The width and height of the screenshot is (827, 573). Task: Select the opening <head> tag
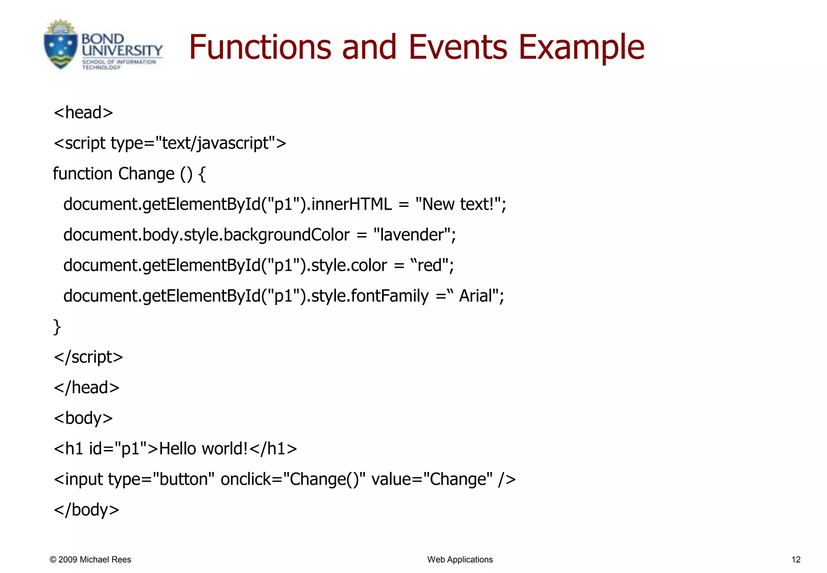tap(83, 112)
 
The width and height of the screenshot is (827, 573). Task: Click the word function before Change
tap(82, 174)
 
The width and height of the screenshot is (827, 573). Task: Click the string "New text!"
tap(458, 204)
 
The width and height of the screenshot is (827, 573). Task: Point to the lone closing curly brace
tap(57, 327)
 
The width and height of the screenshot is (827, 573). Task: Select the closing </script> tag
tap(88, 357)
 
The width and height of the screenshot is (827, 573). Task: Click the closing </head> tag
tap(86, 388)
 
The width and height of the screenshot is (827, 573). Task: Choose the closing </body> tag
tap(86, 510)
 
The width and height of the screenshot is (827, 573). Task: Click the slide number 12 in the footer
tap(796, 560)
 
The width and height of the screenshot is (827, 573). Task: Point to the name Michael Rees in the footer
tap(105, 560)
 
